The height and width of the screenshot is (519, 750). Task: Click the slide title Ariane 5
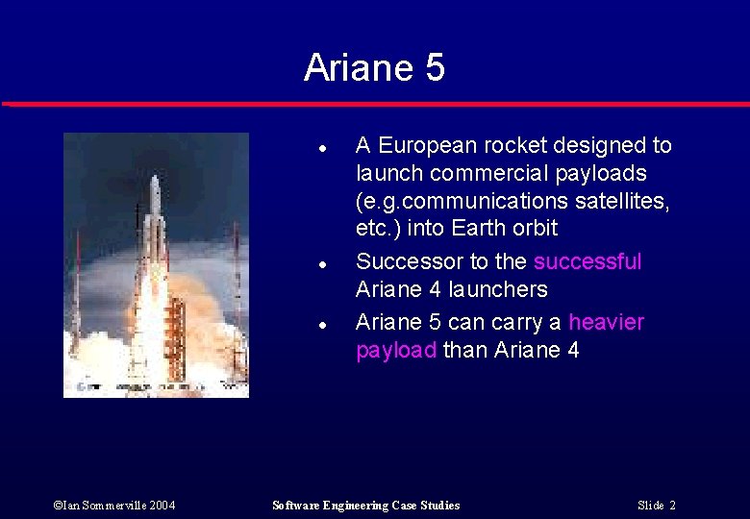pos(374,68)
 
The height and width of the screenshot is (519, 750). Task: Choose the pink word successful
pos(587,261)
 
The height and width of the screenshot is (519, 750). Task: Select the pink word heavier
pos(606,322)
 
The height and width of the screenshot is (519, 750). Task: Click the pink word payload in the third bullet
pos(396,350)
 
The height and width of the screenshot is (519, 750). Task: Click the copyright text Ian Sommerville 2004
pos(114,506)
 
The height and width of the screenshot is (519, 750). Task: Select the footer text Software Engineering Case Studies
pos(365,506)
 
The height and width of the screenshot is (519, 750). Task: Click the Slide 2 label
pos(657,506)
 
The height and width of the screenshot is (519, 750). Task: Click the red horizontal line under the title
pos(375,103)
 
